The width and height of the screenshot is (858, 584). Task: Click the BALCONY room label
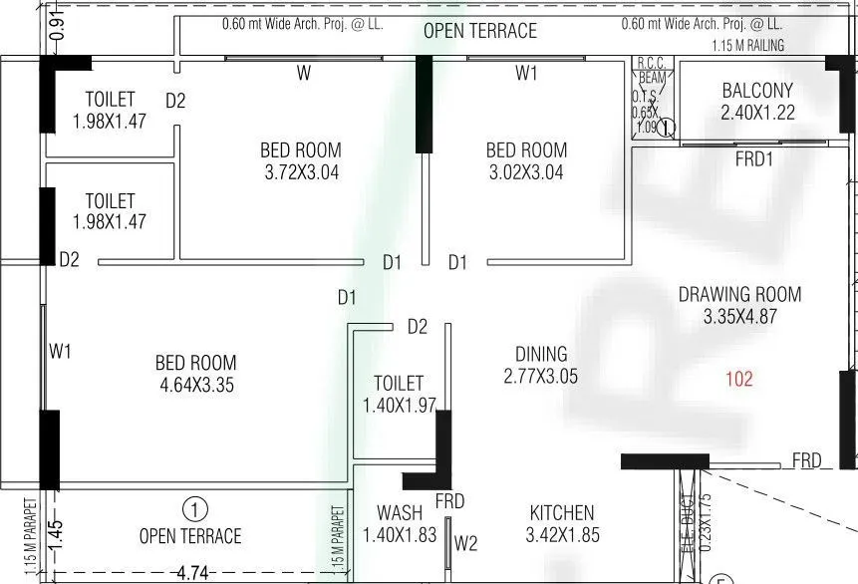coord(756,91)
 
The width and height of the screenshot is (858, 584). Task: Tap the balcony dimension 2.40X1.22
coord(756,113)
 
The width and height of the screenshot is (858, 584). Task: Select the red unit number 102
coord(739,379)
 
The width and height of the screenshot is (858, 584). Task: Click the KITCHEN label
coord(562,513)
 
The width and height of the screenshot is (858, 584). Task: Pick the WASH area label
coord(399,513)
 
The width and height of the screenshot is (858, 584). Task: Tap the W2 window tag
coord(466,543)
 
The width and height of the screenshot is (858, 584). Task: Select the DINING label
coord(541,354)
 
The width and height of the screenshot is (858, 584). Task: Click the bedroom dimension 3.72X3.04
coord(300,171)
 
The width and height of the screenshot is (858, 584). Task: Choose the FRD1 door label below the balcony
coord(755,158)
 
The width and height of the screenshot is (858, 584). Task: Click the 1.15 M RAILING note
coord(747,46)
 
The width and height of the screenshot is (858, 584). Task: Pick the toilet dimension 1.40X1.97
coord(399,405)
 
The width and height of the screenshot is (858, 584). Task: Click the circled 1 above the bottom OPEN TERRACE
coord(196,509)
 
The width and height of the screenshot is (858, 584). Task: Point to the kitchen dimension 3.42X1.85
coord(562,535)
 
